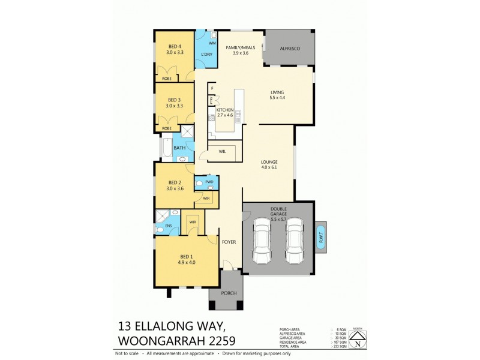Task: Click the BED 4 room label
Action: tap(174, 47)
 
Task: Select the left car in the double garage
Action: tap(262, 241)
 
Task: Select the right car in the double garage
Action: tap(293, 241)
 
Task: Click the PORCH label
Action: tap(229, 293)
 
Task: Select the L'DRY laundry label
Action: tap(206, 55)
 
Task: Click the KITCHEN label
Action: tap(224, 110)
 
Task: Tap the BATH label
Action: tap(179, 148)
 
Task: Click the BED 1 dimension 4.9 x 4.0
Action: tap(186, 262)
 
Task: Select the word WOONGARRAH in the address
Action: tap(157, 341)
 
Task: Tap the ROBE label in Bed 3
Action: tap(167, 128)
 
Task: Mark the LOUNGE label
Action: tap(269, 162)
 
